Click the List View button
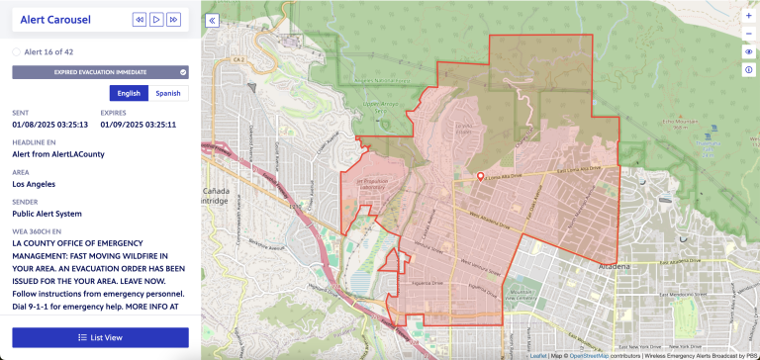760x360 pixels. pyautogui.click(x=100, y=337)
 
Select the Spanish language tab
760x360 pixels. pyautogui.click(x=168, y=93)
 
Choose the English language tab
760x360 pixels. pyautogui.click(x=129, y=93)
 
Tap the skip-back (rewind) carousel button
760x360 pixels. pyautogui.click(x=140, y=19)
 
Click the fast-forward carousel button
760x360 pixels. pyautogui.click(x=173, y=19)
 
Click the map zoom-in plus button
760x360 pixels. pyautogui.click(x=748, y=16)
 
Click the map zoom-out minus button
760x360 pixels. pyautogui.click(x=748, y=34)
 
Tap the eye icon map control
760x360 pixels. pyautogui.click(x=748, y=51)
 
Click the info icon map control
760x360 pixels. pyautogui.click(x=748, y=69)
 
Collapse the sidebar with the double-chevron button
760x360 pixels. pyautogui.click(x=212, y=20)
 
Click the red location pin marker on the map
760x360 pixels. pyautogui.click(x=481, y=177)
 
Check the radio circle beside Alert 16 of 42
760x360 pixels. pyautogui.click(x=16, y=51)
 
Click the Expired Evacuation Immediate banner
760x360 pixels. pyautogui.click(x=100, y=72)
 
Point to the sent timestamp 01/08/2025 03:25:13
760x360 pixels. pyautogui.click(x=50, y=125)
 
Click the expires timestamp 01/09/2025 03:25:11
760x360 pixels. pyautogui.click(x=144, y=125)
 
